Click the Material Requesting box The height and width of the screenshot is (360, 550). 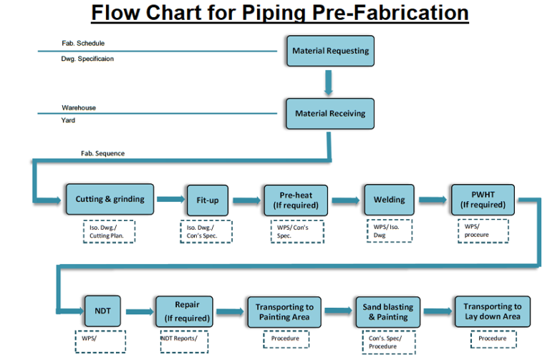pyautogui.click(x=330, y=52)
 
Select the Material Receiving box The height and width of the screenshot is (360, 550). pyautogui.click(x=330, y=113)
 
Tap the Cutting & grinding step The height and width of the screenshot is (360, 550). pyautogui.click(x=110, y=200)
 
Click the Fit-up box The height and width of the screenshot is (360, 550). pyautogui.click(x=208, y=200)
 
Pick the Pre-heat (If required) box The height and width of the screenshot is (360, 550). pyautogui.click(x=296, y=200)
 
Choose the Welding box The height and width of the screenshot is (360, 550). pyautogui.click(x=389, y=200)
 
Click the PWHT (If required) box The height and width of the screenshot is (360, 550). pyautogui.click(x=483, y=200)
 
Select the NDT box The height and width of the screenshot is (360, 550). pyautogui.click(x=104, y=311)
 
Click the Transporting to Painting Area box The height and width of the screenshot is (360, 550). pyautogui.click(x=284, y=312)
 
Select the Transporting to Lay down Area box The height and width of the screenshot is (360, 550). pyautogui.click(x=492, y=312)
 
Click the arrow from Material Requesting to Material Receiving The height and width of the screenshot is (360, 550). pyautogui.click(x=329, y=82)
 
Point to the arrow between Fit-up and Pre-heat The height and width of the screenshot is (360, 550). pyautogui.click(x=246, y=200)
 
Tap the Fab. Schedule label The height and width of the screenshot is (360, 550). pyautogui.click(x=82, y=44)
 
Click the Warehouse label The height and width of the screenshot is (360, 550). pyautogui.click(x=79, y=107)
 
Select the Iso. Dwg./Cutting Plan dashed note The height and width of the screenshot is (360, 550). pyautogui.click(x=112, y=231)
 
